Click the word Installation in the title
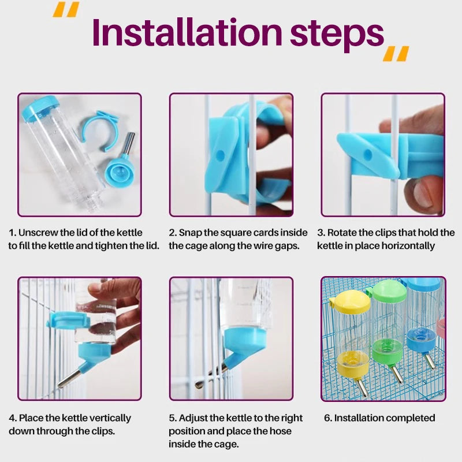[x=187, y=32]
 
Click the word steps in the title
[x=337, y=35]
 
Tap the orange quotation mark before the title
[x=66, y=9]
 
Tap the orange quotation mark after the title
[x=396, y=54]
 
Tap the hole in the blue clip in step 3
[x=367, y=154]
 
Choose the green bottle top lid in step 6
[x=388, y=291]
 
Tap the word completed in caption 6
[x=409, y=418]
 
